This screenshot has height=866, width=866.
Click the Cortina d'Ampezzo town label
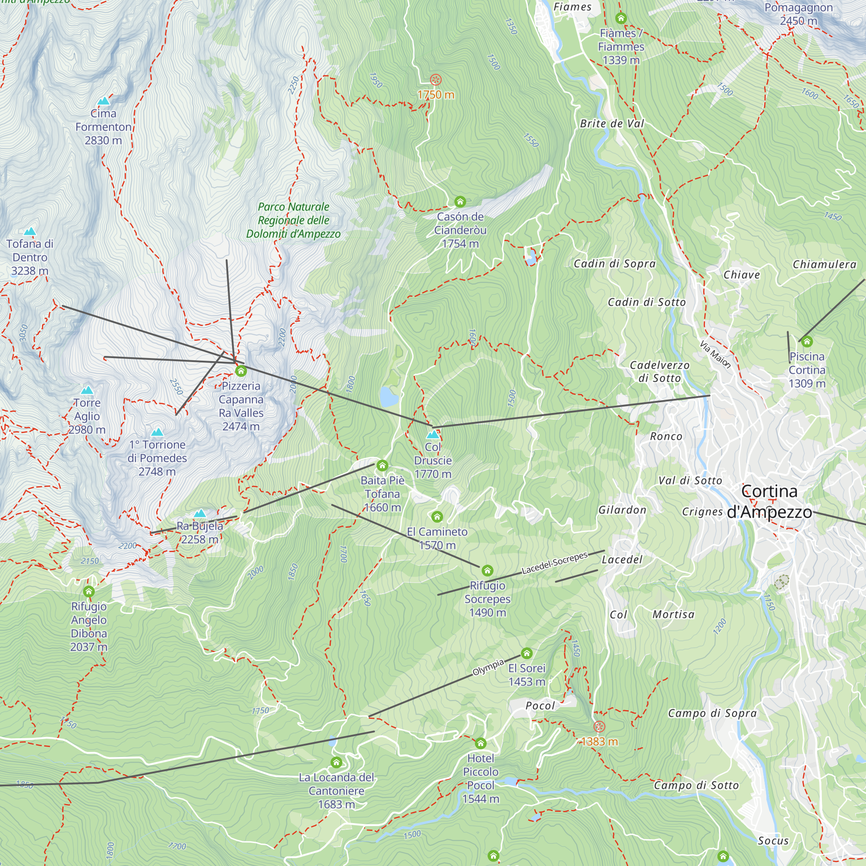pyautogui.click(x=769, y=501)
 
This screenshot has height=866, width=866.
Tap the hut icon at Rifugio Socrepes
pyautogui.click(x=487, y=571)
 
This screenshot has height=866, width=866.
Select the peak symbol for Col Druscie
pyautogui.click(x=433, y=434)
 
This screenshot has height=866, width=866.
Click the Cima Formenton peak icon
pyautogui.click(x=103, y=101)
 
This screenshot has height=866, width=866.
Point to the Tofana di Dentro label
pyautogui.click(x=29, y=257)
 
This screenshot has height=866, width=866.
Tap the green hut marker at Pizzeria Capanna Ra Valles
pyautogui.click(x=241, y=371)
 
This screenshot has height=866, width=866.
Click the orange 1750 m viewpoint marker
pyautogui.click(x=436, y=80)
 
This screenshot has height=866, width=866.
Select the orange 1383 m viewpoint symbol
pyautogui.click(x=599, y=727)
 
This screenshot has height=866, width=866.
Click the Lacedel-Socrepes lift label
pyautogui.click(x=555, y=563)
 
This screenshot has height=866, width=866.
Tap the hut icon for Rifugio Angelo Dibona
pyautogui.click(x=89, y=591)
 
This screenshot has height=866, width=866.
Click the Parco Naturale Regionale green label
pyautogui.click(x=294, y=220)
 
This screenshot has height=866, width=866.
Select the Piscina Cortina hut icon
pyautogui.click(x=807, y=342)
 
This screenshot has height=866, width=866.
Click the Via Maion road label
pyautogui.click(x=715, y=354)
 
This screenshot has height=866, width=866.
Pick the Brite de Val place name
pyautogui.click(x=612, y=123)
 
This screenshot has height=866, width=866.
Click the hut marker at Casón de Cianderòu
pyautogui.click(x=460, y=202)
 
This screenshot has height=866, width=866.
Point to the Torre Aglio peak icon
pyautogui.click(x=87, y=390)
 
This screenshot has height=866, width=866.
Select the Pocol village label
pyautogui.click(x=540, y=705)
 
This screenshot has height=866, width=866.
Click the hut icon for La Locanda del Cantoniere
pyautogui.click(x=336, y=762)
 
